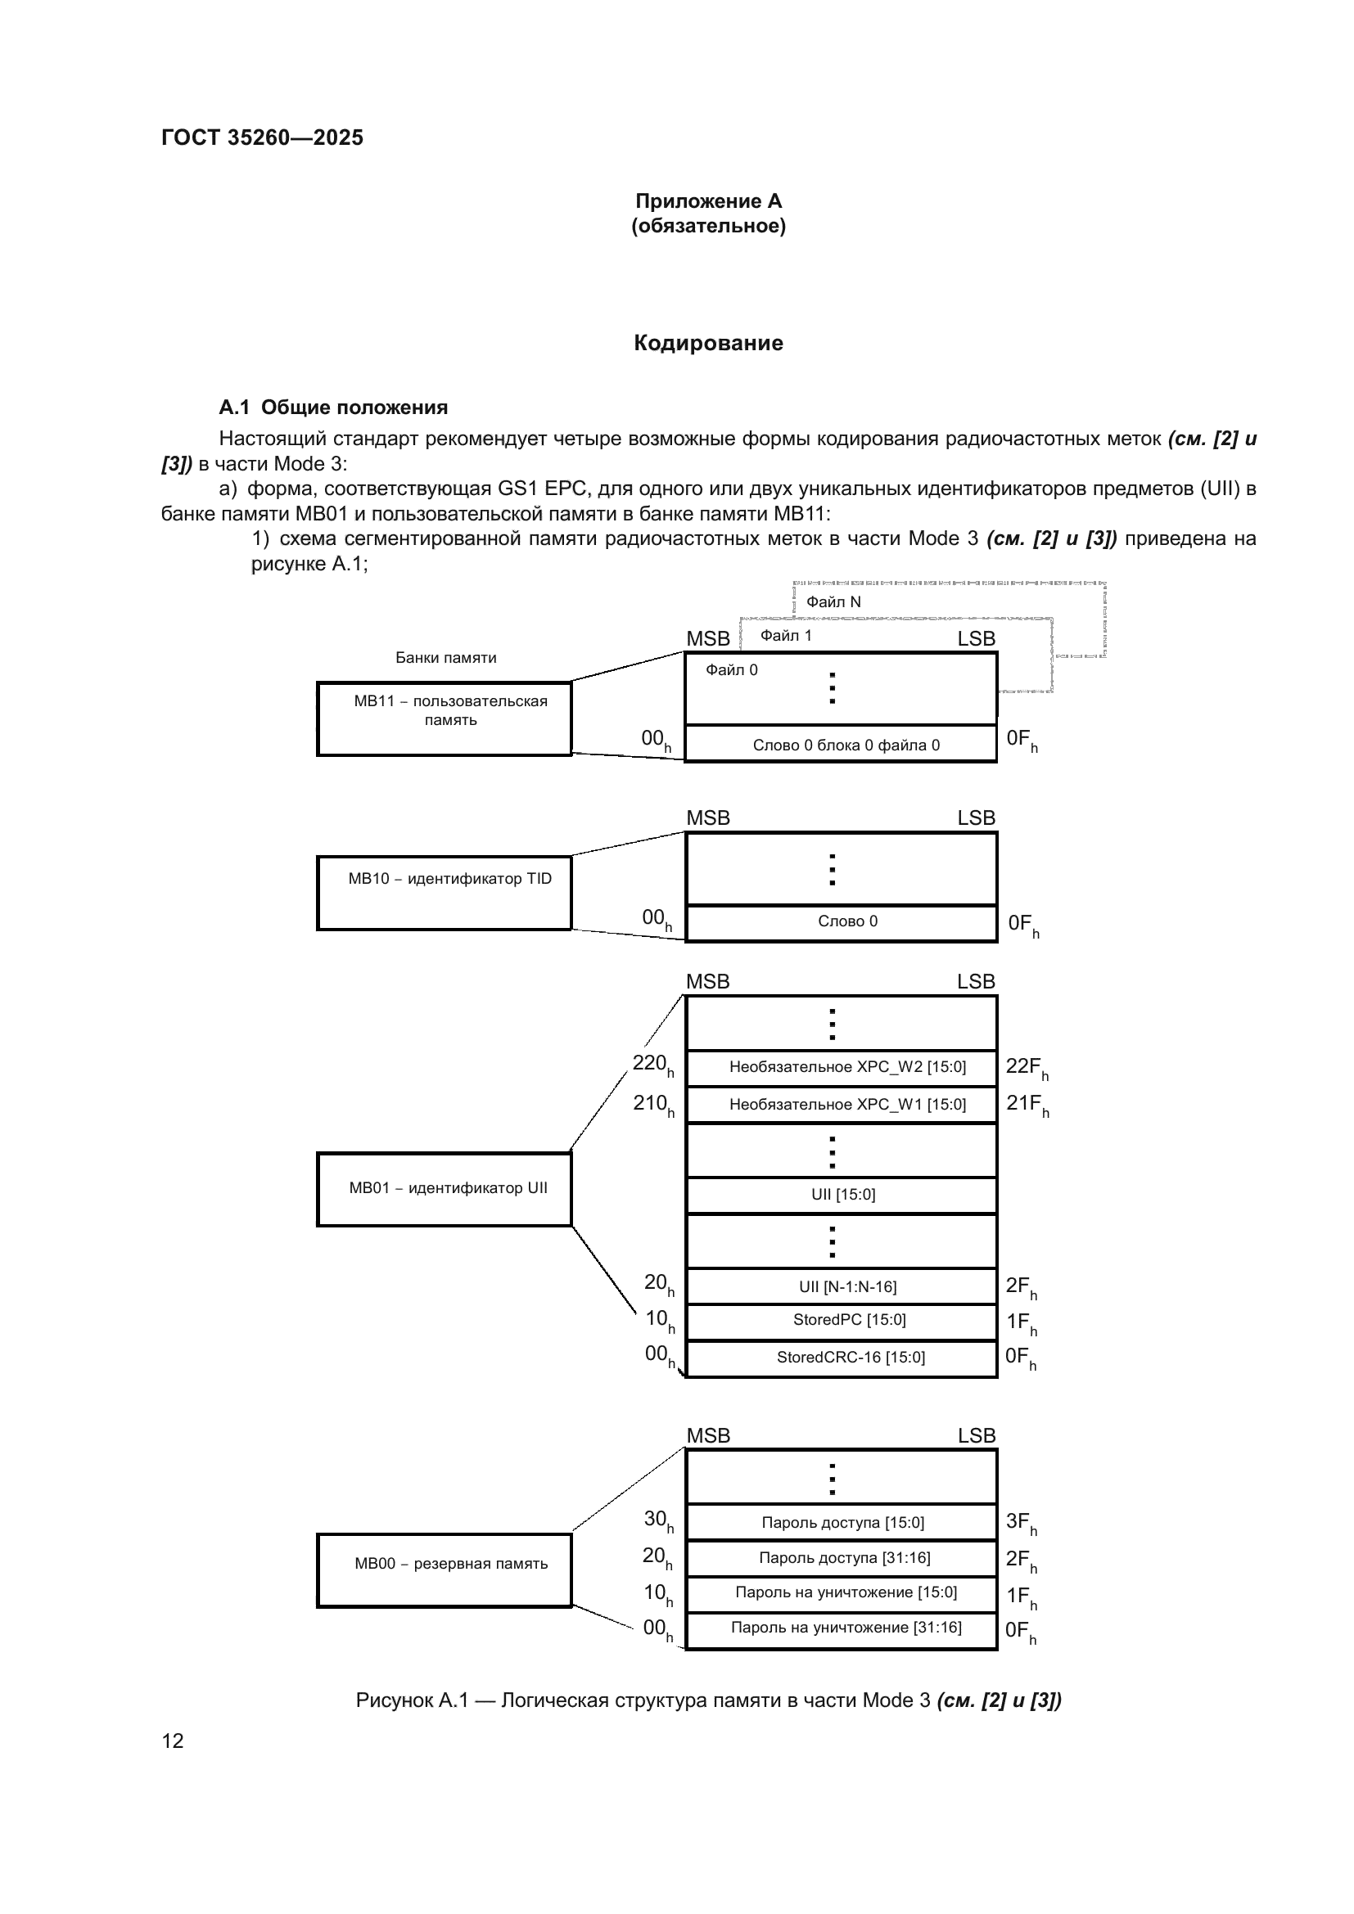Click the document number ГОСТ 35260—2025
262,137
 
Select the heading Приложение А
708,201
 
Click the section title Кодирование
708,343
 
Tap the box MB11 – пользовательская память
444,718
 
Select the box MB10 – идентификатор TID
444,892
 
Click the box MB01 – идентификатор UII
444,1189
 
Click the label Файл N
833,602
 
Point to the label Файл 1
785,636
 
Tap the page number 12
173,1741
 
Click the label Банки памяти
445,658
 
